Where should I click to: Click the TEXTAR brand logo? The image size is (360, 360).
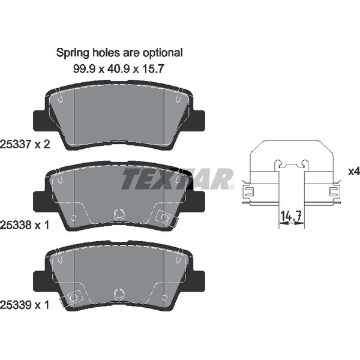pyautogui.click(x=177, y=179)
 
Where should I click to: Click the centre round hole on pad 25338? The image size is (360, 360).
pyautogui.click(x=118, y=213)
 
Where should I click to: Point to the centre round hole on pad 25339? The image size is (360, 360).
pyautogui.click(x=118, y=294)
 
